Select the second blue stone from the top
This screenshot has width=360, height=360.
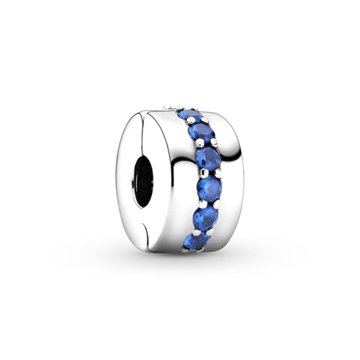click(199, 132)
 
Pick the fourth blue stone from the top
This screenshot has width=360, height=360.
click(209, 189)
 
